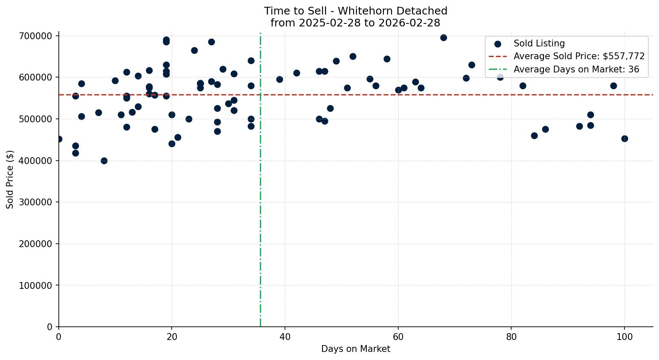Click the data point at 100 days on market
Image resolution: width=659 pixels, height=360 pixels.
point(624,138)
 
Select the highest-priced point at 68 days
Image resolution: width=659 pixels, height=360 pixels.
point(443,37)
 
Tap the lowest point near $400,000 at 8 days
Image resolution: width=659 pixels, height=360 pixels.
point(104,161)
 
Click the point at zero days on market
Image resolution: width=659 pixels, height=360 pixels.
point(59,139)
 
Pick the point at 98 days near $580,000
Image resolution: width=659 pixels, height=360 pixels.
point(613,86)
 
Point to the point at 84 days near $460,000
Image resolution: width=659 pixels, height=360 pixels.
point(534,135)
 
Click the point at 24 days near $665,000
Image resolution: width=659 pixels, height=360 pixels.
point(194,50)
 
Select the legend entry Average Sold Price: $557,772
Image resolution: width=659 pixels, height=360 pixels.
point(579,56)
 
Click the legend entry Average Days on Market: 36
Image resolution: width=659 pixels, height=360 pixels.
point(576,69)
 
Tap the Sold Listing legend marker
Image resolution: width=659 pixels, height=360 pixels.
point(498,44)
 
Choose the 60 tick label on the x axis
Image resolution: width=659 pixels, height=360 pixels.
point(398,337)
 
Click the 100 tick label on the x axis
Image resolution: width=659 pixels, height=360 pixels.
point(624,337)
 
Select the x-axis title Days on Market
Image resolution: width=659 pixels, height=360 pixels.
point(356,349)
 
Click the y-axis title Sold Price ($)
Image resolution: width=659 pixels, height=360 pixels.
point(10,179)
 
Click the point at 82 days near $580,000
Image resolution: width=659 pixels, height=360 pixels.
point(523,86)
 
